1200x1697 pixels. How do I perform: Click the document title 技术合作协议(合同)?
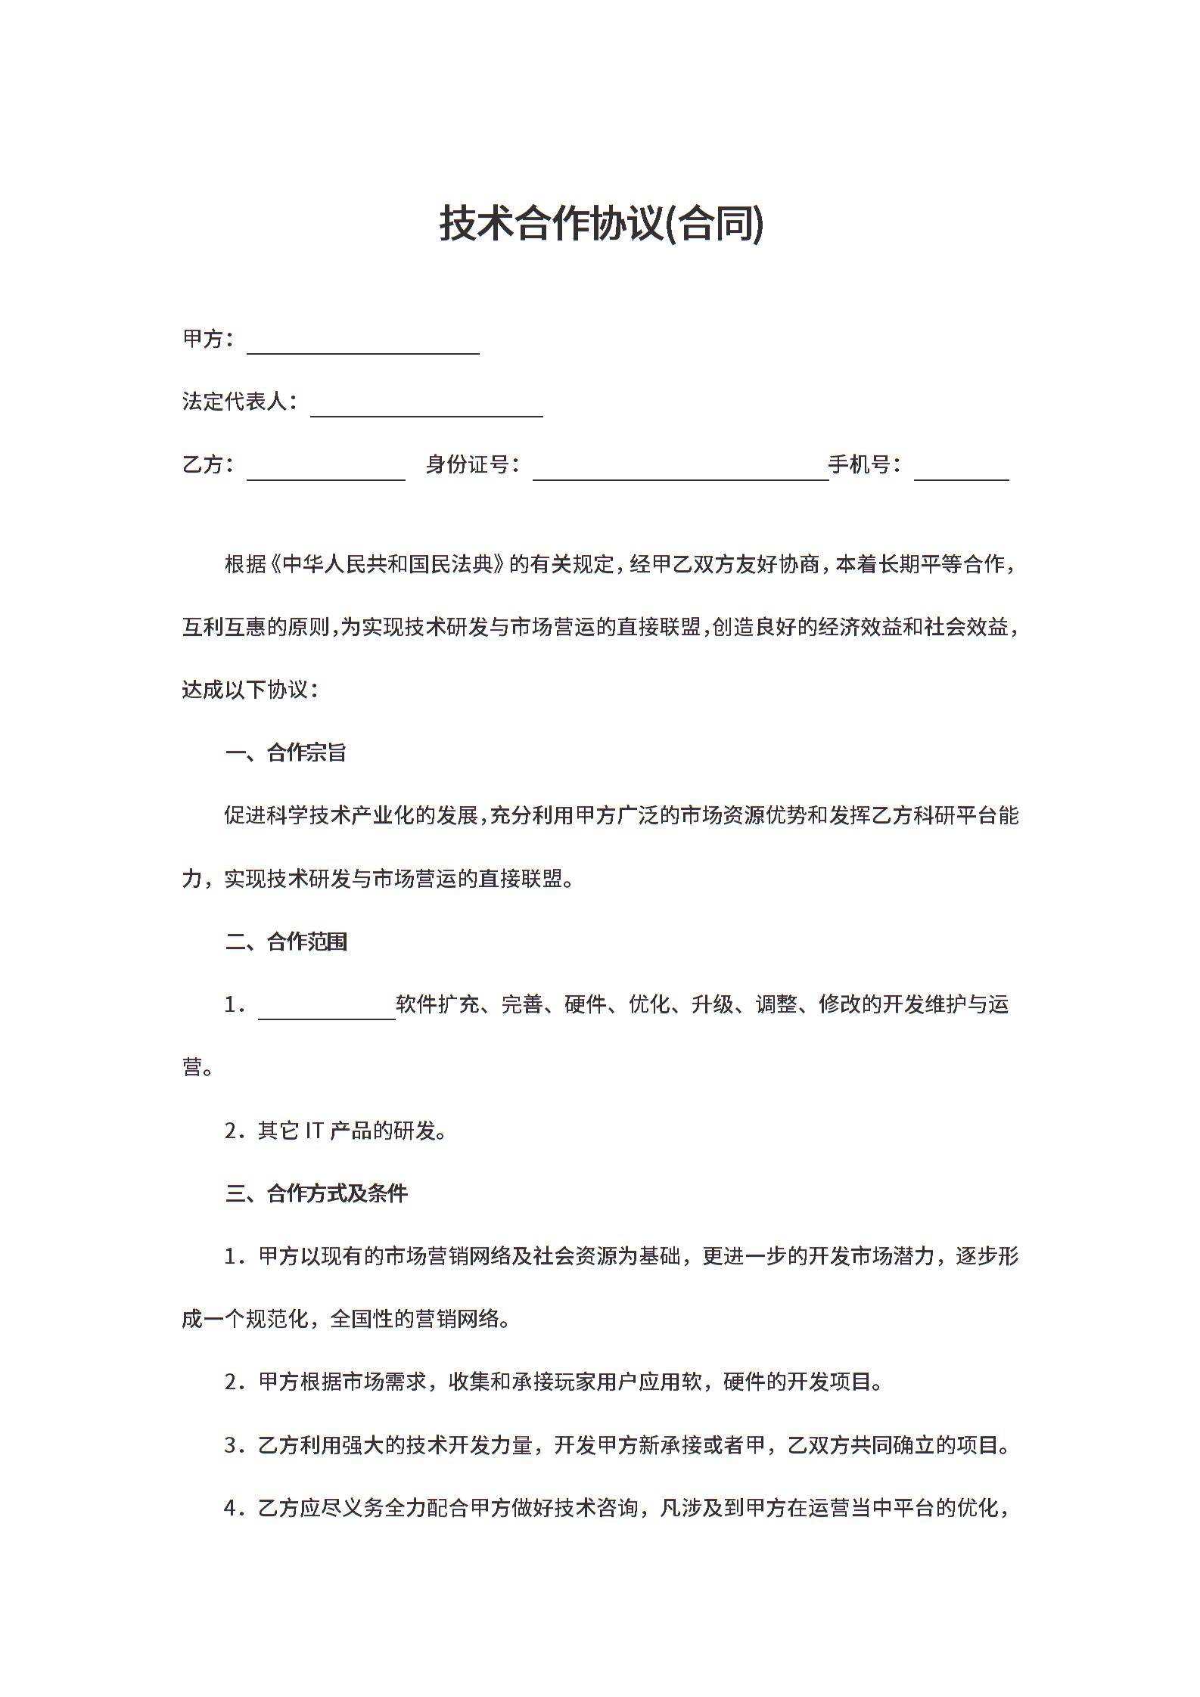point(602,224)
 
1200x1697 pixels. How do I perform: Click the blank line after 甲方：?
point(363,346)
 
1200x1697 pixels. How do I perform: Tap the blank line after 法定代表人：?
point(427,409)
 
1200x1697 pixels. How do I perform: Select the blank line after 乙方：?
point(325,473)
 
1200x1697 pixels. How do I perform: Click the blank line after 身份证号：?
point(680,473)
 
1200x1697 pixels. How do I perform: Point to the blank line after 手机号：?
point(961,473)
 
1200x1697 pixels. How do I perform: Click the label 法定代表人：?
point(240,402)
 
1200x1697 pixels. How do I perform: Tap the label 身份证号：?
point(472,464)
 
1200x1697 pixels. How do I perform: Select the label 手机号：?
point(865,464)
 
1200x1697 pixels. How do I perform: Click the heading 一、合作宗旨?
point(286,752)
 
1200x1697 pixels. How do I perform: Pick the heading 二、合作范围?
point(286,942)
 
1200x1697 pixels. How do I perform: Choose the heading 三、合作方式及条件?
point(316,1193)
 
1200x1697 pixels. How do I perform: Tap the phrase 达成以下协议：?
point(250,690)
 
